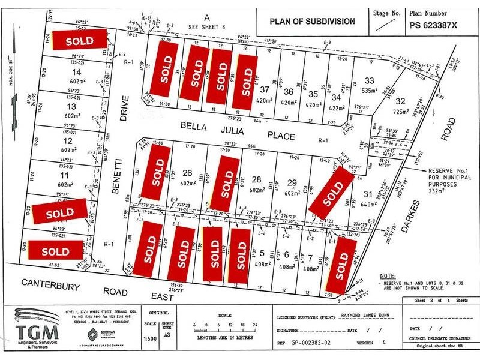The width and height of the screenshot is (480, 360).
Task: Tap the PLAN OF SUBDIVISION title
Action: click(311, 22)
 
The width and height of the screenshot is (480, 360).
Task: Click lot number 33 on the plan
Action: click(370, 80)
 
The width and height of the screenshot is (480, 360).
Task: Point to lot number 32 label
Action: click(401, 101)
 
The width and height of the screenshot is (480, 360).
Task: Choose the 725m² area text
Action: click(400, 112)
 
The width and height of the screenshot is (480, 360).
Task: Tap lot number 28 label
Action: click(257, 179)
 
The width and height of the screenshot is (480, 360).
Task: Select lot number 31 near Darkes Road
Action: click(368, 193)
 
